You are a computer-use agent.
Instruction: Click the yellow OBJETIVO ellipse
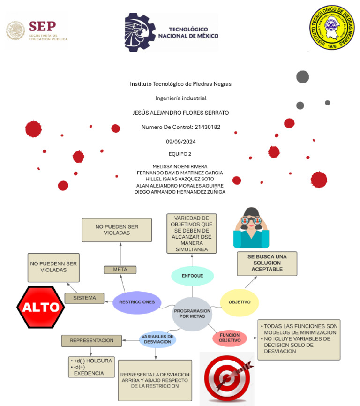pyautogui.click(x=240, y=302)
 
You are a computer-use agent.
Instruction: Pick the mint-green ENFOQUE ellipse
pyautogui.click(x=193, y=276)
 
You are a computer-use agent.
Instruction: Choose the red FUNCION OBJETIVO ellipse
pyautogui.click(x=230, y=338)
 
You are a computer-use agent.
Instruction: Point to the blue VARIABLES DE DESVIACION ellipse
pyautogui.click(x=158, y=339)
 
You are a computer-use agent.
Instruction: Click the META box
pyautogui.click(x=120, y=270)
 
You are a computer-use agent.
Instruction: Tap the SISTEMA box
pyautogui.click(x=84, y=298)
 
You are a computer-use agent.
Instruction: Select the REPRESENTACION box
pyautogui.click(x=91, y=341)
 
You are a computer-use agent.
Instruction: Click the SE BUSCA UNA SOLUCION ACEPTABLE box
pyautogui.click(x=267, y=263)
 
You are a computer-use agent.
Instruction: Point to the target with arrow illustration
pyautogui.click(x=227, y=378)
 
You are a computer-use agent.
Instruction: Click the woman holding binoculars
pyautogui.click(x=251, y=228)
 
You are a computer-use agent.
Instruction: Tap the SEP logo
pyautogui.click(x=37, y=30)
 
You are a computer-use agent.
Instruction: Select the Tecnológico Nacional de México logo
pyautogui.click(x=172, y=32)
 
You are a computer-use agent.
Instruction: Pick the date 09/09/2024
pyautogui.click(x=180, y=142)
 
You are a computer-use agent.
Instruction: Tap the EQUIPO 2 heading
pyautogui.click(x=180, y=154)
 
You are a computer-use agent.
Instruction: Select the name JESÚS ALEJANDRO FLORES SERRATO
pyautogui.click(x=180, y=113)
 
